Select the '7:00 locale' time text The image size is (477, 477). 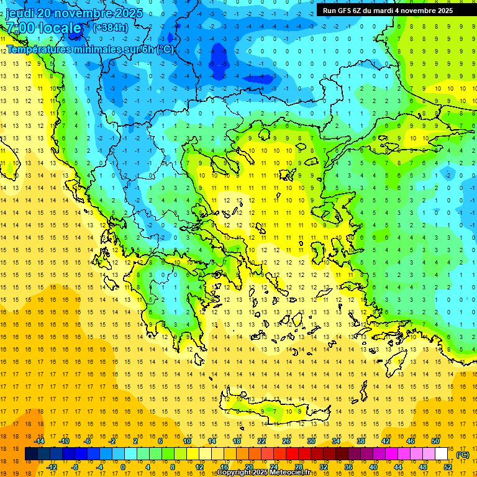[43, 28]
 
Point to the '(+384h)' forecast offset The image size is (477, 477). [110, 27]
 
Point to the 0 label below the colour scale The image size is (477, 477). [123, 467]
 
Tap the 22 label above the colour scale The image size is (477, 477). [261, 441]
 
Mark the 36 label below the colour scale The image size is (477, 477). [348, 467]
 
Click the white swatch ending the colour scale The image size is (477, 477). [441, 454]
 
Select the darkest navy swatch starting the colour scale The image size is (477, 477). [31, 454]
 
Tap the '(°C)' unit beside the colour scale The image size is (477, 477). [463, 455]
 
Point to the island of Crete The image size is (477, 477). [273, 410]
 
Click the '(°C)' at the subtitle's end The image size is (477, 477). [165, 49]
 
